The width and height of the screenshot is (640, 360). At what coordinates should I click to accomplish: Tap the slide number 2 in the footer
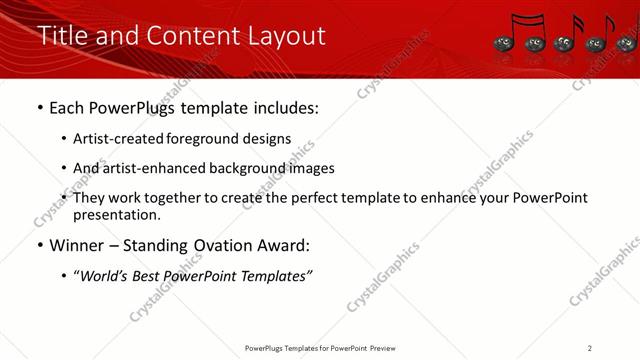(x=590, y=348)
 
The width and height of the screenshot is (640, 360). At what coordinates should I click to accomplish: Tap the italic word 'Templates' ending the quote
(x=277, y=276)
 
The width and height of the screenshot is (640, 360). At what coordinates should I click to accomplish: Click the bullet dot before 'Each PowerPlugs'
(x=40, y=108)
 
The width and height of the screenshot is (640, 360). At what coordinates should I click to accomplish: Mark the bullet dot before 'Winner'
(x=40, y=246)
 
